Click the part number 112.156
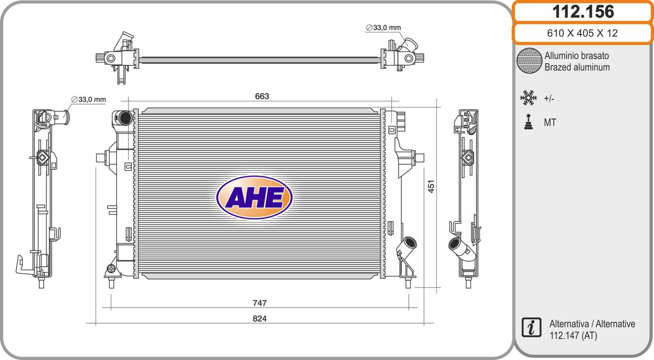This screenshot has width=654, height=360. pos(583,12)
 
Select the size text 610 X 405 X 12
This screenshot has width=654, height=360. pos(582,33)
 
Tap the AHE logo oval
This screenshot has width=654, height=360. pos(254,197)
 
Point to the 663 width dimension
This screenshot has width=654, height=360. pos(262,96)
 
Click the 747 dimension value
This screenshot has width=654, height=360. pos(260,303)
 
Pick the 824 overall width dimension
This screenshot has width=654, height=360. pos(260,318)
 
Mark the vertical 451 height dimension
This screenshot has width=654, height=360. pos(431,186)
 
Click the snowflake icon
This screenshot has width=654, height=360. pos(529,98)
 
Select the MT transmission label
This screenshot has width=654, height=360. pos(550,122)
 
